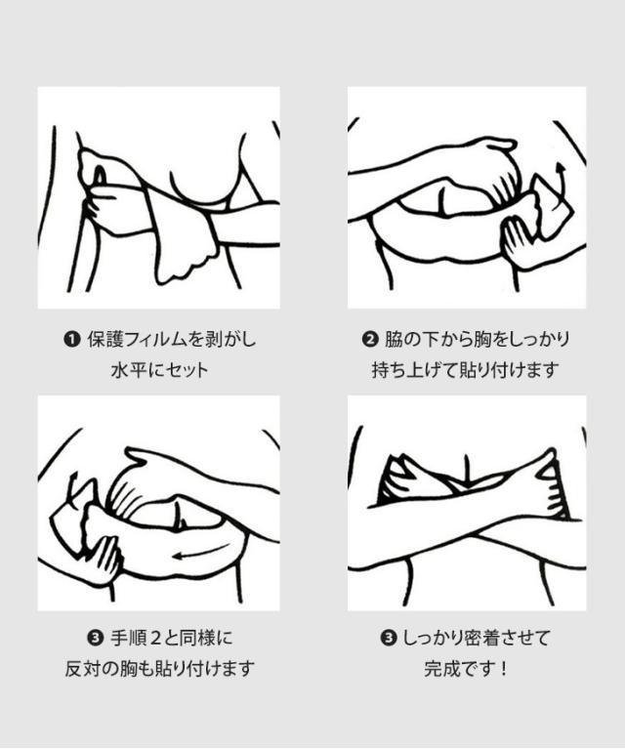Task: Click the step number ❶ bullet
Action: click(72, 340)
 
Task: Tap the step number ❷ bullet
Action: click(370, 340)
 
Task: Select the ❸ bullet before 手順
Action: click(96, 638)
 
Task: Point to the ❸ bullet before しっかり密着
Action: click(389, 638)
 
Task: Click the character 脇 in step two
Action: click(394, 340)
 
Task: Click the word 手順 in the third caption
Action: click(129, 638)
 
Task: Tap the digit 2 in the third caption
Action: click(155, 638)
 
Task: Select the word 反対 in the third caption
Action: click(83, 668)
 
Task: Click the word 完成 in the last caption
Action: click(442, 668)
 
